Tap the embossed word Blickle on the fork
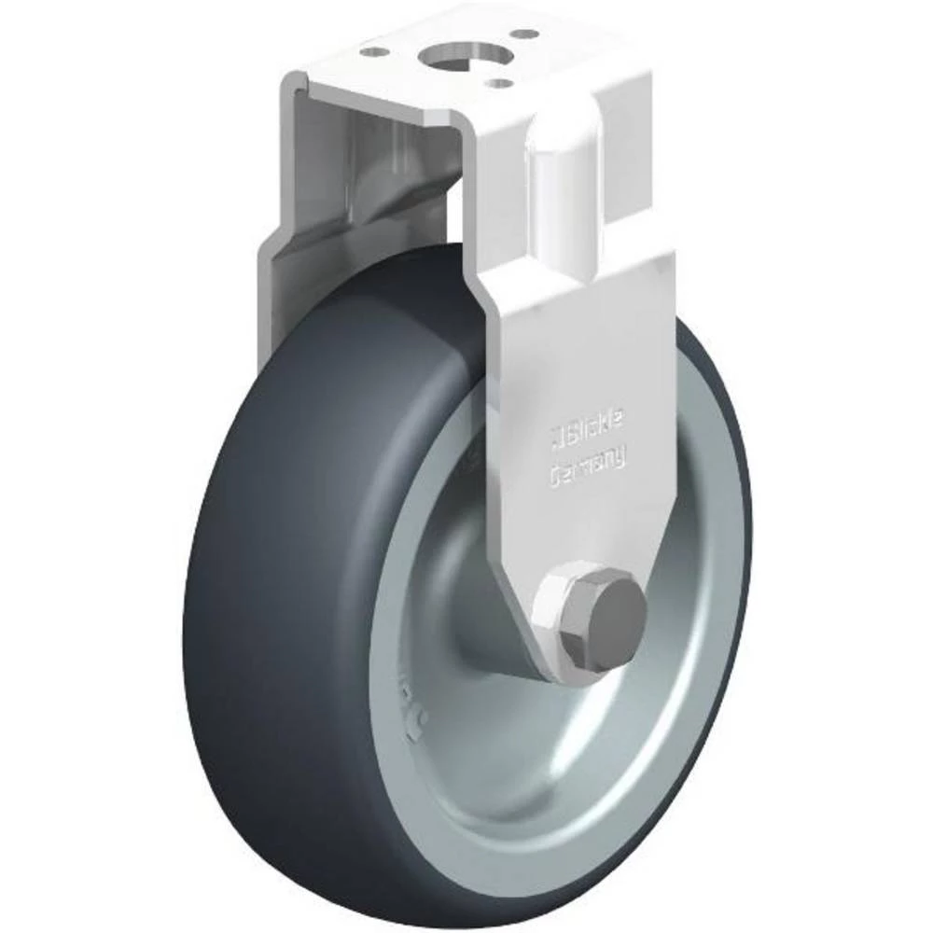pyautogui.click(x=593, y=430)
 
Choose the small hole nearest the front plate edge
pyautogui.click(x=505, y=82)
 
